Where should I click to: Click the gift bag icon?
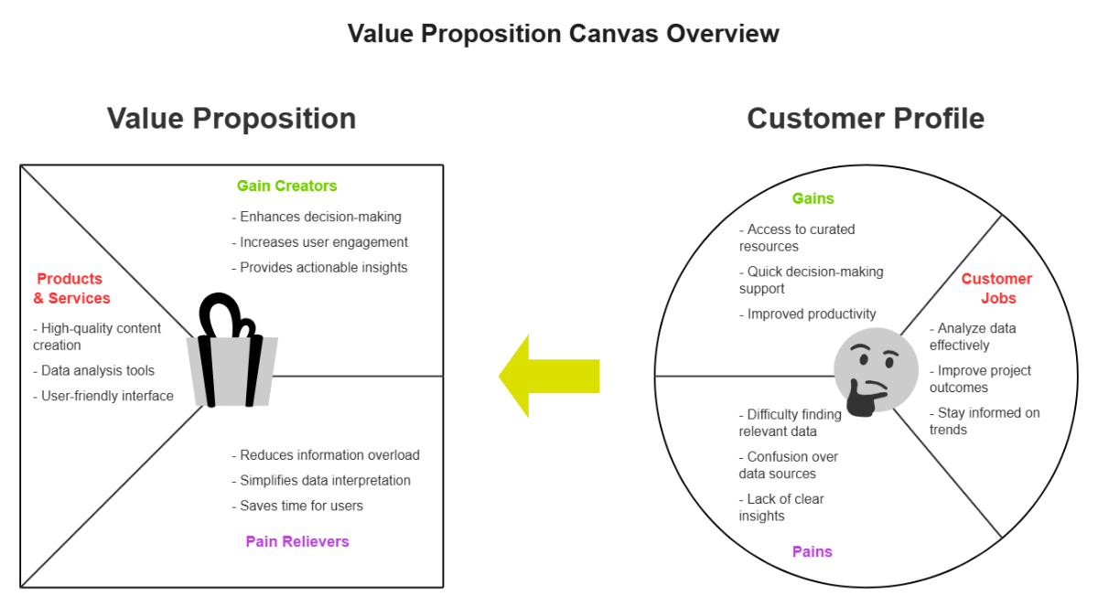pyautogui.click(x=232, y=353)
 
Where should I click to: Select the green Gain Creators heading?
pyautogui.click(x=286, y=186)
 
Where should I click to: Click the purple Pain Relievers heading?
pyautogui.click(x=297, y=541)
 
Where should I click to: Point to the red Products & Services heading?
pyautogui.click(x=71, y=289)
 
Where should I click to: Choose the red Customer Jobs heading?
pyautogui.click(x=996, y=289)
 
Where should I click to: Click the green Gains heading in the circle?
pyautogui.click(x=813, y=198)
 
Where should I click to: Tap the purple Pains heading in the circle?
pyautogui.click(x=813, y=551)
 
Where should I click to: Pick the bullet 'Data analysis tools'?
pyautogui.click(x=94, y=370)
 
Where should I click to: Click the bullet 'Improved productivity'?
pyautogui.click(x=808, y=314)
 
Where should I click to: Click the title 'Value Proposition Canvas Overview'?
pyautogui.click(x=563, y=34)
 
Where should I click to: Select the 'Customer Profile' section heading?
pyautogui.click(x=865, y=118)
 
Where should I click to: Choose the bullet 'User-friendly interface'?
pyautogui.click(x=103, y=396)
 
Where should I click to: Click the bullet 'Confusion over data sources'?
pyautogui.click(x=789, y=465)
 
